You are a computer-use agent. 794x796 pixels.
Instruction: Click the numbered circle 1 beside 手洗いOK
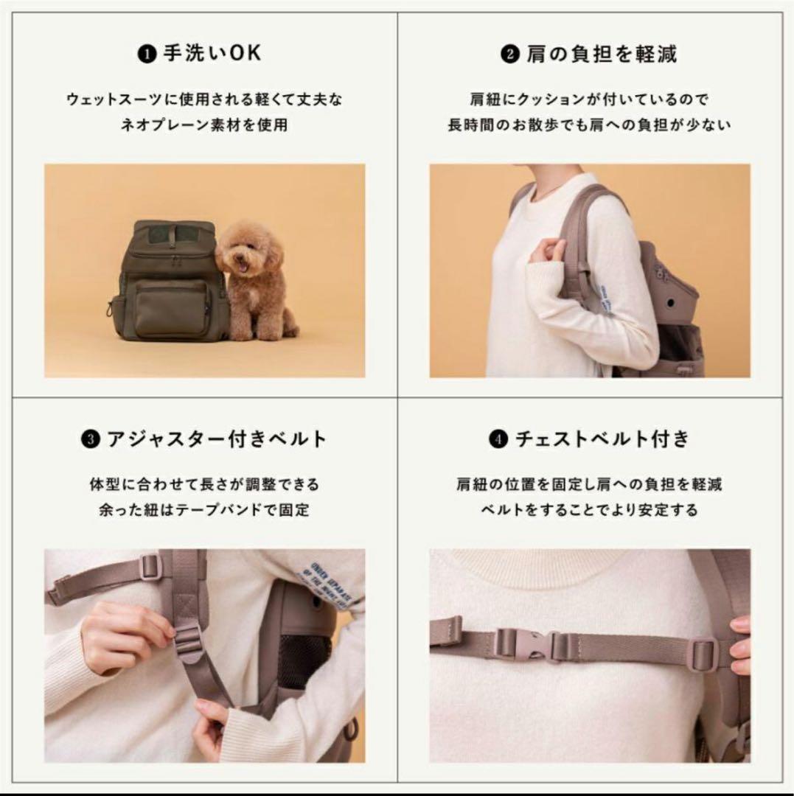point(147,55)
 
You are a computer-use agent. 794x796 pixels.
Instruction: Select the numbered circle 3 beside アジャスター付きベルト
point(90,441)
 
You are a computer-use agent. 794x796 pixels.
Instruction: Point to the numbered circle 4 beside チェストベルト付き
point(499,441)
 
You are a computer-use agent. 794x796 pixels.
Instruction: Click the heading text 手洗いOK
point(212,55)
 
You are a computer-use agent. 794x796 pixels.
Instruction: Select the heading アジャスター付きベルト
point(217,440)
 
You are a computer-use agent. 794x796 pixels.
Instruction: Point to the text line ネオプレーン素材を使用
point(204,125)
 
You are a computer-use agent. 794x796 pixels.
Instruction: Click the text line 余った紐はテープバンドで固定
point(204,510)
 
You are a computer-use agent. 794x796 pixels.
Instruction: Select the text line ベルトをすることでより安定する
point(590,510)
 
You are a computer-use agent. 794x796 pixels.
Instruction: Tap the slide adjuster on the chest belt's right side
point(703,653)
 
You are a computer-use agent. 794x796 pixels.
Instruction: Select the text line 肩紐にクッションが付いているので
point(589,99)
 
